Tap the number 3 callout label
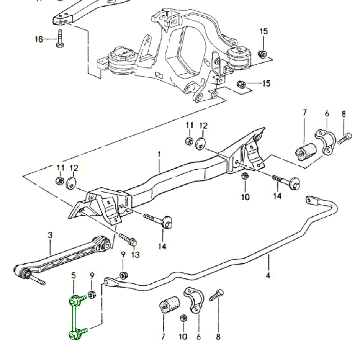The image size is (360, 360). coord(50,235)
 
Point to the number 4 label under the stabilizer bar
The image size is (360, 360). coord(268,275)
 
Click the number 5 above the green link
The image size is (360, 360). coord(73,275)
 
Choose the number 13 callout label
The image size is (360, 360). coord(135,255)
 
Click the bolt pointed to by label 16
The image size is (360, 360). coord(59,38)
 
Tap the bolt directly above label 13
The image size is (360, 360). coord(128,240)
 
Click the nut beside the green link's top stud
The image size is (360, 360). coord(92,295)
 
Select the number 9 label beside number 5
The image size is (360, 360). coord(92,275)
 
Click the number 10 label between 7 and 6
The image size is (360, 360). coord(183,337)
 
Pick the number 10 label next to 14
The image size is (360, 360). coord(245,197)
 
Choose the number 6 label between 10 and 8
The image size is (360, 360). coord(198,337)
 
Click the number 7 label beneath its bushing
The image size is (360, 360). coord(163,337)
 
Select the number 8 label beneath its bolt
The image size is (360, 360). coord(218,337)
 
